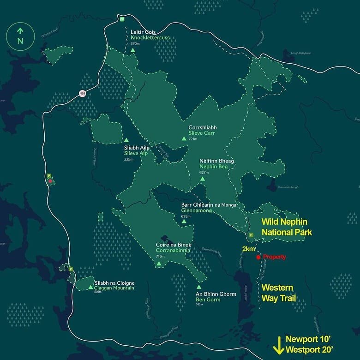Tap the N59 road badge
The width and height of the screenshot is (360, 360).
(82, 94)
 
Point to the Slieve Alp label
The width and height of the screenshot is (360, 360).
(136, 153)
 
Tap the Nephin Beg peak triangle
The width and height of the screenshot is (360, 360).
(203, 178)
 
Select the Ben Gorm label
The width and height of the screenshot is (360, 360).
(207, 300)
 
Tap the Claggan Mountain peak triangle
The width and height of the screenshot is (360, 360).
(90, 288)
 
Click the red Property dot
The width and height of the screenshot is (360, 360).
(258, 257)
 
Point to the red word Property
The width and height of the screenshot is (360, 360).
(275, 257)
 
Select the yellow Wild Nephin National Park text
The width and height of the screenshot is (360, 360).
(287, 227)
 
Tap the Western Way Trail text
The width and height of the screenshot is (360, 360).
(277, 293)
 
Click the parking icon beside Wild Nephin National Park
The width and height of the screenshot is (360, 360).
(251, 235)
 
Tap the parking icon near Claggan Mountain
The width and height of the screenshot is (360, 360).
(71, 269)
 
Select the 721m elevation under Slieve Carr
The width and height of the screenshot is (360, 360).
(193, 139)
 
